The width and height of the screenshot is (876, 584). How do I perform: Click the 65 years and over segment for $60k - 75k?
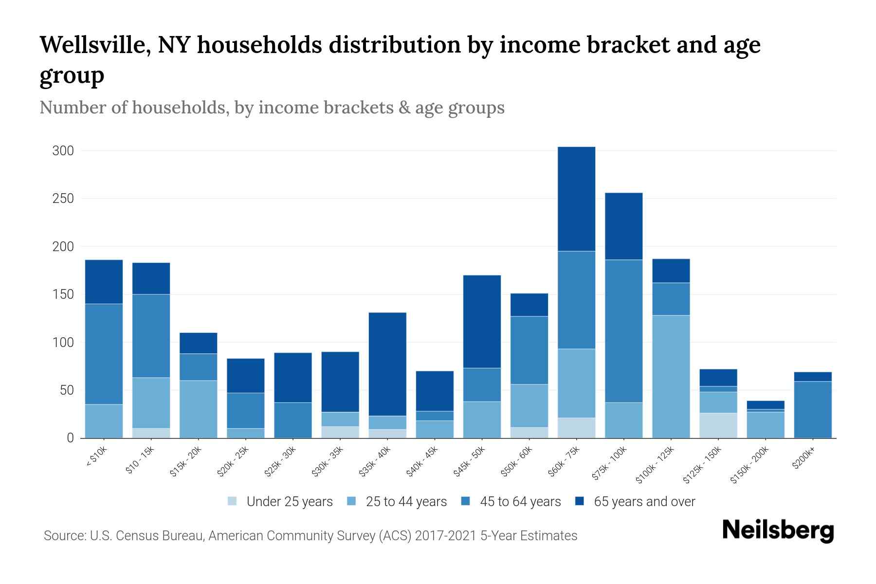coord(576,199)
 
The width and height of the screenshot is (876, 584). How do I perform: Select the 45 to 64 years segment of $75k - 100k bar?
coord(623,331)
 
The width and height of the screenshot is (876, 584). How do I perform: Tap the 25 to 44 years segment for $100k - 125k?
coord(671,377)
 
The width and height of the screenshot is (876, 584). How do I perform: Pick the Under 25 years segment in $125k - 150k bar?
coord(718,425)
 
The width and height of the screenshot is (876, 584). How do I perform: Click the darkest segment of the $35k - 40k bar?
coord(387,364)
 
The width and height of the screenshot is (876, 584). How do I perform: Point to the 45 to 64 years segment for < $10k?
coord(104,354)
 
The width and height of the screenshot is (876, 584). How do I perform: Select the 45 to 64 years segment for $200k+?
coord(813,409)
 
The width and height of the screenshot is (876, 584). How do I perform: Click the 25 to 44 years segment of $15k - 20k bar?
coord(198,409)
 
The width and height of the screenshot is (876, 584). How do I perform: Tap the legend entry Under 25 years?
coord(289,502)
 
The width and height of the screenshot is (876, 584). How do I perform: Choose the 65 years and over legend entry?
coord(644,502)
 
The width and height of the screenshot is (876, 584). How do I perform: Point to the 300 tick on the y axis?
coord(63,151)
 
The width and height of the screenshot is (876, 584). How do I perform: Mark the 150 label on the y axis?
coord(63,294)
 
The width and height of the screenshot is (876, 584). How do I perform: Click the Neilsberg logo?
coord(778,530)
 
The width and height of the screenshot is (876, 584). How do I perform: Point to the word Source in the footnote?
coord(63,536)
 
